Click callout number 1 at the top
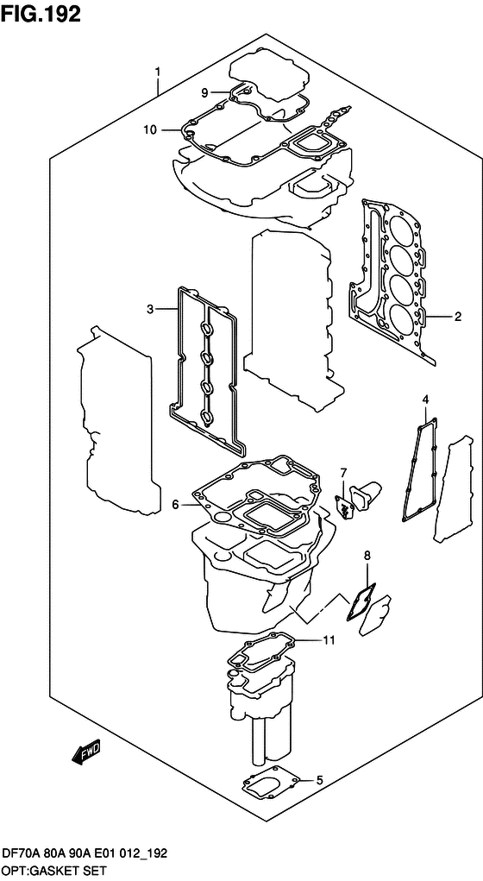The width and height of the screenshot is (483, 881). point(157,72)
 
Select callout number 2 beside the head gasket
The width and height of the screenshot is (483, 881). point(458,316)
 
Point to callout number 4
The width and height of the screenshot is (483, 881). point(425,399)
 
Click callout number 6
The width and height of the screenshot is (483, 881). point(174,504)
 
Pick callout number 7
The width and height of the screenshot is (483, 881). point(342,472)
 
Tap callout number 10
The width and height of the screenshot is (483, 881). point(149,130)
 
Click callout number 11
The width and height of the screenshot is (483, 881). point(328,639)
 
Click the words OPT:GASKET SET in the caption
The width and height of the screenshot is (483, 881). point(53,869)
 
